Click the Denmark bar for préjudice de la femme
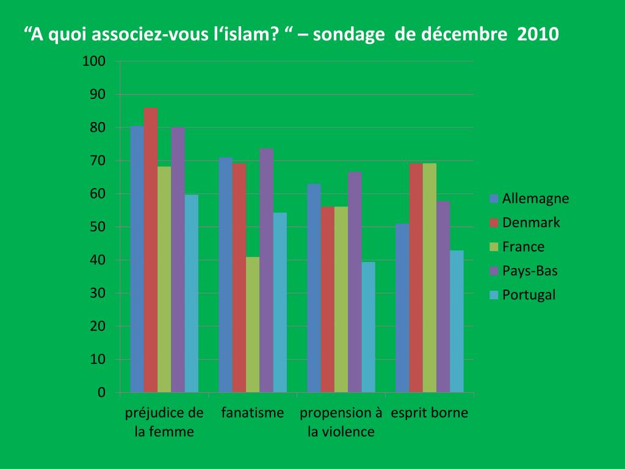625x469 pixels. coord(151,250)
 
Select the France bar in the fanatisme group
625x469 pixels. coord(253,324)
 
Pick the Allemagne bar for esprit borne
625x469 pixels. coord(402,308)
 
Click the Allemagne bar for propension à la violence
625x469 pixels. coord(314,288)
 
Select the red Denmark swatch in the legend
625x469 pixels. coord(494,223)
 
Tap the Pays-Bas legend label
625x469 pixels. coord(530,271)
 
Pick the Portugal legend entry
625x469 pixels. coord(529,295)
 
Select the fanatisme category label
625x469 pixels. coord(253,413)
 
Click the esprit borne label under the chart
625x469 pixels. coord(429,413)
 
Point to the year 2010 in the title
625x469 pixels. coord(537,34)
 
